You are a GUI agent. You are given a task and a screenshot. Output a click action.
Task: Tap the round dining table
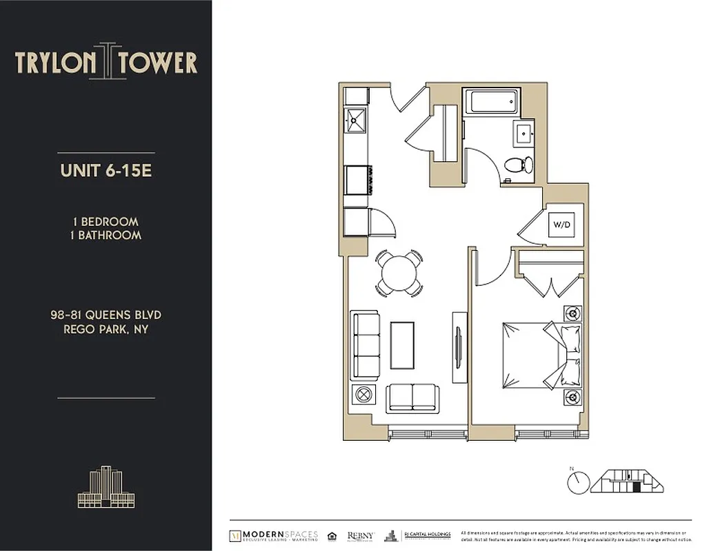coord(399,273)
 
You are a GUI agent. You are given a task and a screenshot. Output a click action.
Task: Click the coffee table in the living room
coord(402,345)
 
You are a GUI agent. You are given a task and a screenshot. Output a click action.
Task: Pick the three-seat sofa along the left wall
coord(366,345)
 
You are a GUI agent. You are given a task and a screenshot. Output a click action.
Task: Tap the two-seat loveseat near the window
coord(412,397)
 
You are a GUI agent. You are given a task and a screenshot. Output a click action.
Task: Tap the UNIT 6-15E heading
coord(106,171)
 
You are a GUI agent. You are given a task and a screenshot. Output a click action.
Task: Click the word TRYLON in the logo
coord(56,63)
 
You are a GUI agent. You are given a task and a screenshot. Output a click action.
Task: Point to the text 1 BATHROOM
coord(106,235)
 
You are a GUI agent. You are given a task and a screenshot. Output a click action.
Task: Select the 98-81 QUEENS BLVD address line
coord(106,315)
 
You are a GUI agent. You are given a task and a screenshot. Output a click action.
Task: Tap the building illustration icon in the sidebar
coord(106,487)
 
